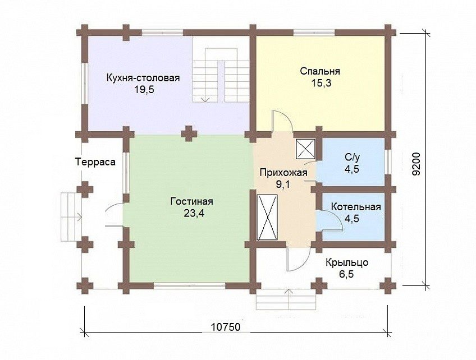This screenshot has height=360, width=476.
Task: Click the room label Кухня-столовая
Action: pyautogui.click(x=143, y=78)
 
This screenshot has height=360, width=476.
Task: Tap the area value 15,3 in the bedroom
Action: pyautogui.click(x=321, y=83)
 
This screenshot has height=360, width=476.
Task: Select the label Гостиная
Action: pyautogui.click(x=191, y=201)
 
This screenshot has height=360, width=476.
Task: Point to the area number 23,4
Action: pyautogui.click(x=194, y=213)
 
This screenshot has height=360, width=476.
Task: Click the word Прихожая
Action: pyautogui.click(x=283, y=173)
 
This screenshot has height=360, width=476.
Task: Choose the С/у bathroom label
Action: pyautogui.click(x=352, y=157)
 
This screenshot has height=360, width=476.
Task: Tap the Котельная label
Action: pyautogui.click(x=356, y=207)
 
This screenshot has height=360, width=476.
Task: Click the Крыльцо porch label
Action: pyautogui.click(x=347, y=262)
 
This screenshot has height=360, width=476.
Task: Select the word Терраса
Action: pyautogui.click(x=95, y=162)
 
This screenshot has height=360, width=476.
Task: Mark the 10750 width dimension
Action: pyautogui.click(x=226, y=327)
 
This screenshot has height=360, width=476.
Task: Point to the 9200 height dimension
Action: pyautogui.click(x=417, y=164)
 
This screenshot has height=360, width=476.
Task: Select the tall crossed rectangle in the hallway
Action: pyautogui.click(x=267, y=218)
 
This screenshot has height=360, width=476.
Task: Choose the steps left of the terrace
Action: pyautogui.click(x=71, y=216)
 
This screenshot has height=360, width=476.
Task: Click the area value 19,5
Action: pyautogui.click(x=144, y=90)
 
